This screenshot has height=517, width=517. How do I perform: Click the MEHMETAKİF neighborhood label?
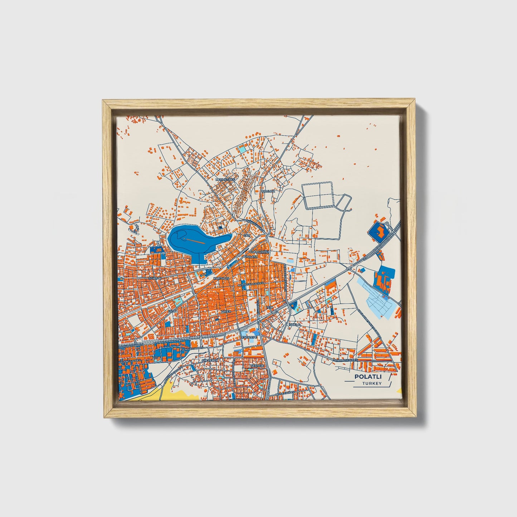pos(225,179)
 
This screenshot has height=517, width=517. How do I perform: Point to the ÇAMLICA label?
pos(268,191)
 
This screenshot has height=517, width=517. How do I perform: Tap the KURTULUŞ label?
pos(221,278)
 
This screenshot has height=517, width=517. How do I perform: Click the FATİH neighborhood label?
pos(172,311)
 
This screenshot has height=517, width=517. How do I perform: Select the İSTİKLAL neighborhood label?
pos(295,325)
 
